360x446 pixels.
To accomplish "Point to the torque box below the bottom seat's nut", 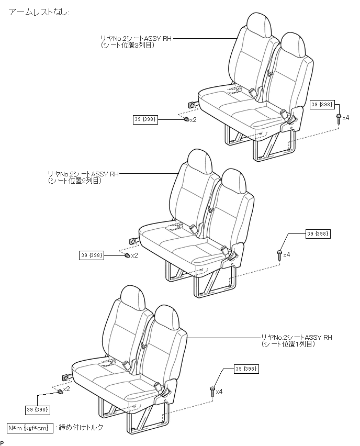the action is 38,409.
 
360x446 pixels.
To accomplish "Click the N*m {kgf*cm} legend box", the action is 30,428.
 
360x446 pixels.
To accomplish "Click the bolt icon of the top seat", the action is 338,118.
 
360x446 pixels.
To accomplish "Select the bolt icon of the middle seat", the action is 279,255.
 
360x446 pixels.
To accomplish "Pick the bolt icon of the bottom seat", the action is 212,391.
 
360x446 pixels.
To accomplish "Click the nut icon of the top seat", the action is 186,120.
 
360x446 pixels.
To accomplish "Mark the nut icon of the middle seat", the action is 127,255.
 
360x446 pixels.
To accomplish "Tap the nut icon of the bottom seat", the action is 60,392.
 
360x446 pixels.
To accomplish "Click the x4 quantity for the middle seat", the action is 286,255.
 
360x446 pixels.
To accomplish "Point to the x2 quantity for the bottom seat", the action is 67,389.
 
